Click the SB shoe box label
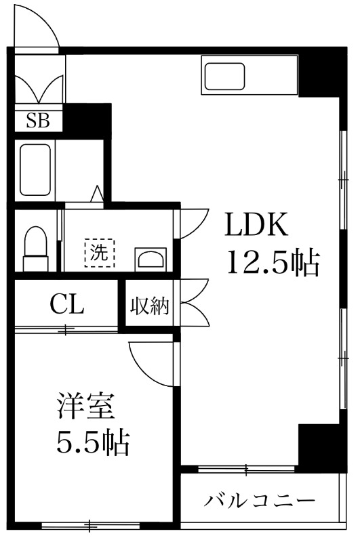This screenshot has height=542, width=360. click(38, 121)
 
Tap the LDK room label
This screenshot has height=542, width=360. click(256, 225)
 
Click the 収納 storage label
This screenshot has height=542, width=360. click(149, 306)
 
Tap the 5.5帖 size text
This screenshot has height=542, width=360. click(93, 442)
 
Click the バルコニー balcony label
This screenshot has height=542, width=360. click(260, 500)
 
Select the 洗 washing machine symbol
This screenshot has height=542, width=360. click(99, 253)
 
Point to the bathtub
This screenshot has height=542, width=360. click(35, 169)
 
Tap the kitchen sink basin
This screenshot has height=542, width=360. click(225, 76)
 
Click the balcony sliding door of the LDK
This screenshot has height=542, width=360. click(246, 469)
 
